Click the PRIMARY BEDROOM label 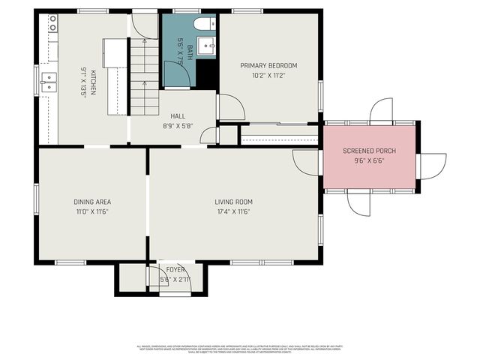click(268, 65)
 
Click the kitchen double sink click(49, 81)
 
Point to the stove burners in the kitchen click(52, 27)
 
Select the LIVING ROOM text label click(233, 202)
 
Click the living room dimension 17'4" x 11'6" click(233, 211)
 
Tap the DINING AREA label click(92, 202)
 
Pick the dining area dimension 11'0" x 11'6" click(92, 211)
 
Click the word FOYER click(175, 269)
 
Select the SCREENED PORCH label click(369, 151)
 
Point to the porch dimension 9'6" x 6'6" click(369, 160)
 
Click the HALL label click(178, 116)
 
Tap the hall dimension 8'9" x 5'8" click(178, 126)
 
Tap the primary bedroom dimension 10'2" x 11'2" click(268, 75)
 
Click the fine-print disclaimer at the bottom click(238, 349)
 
